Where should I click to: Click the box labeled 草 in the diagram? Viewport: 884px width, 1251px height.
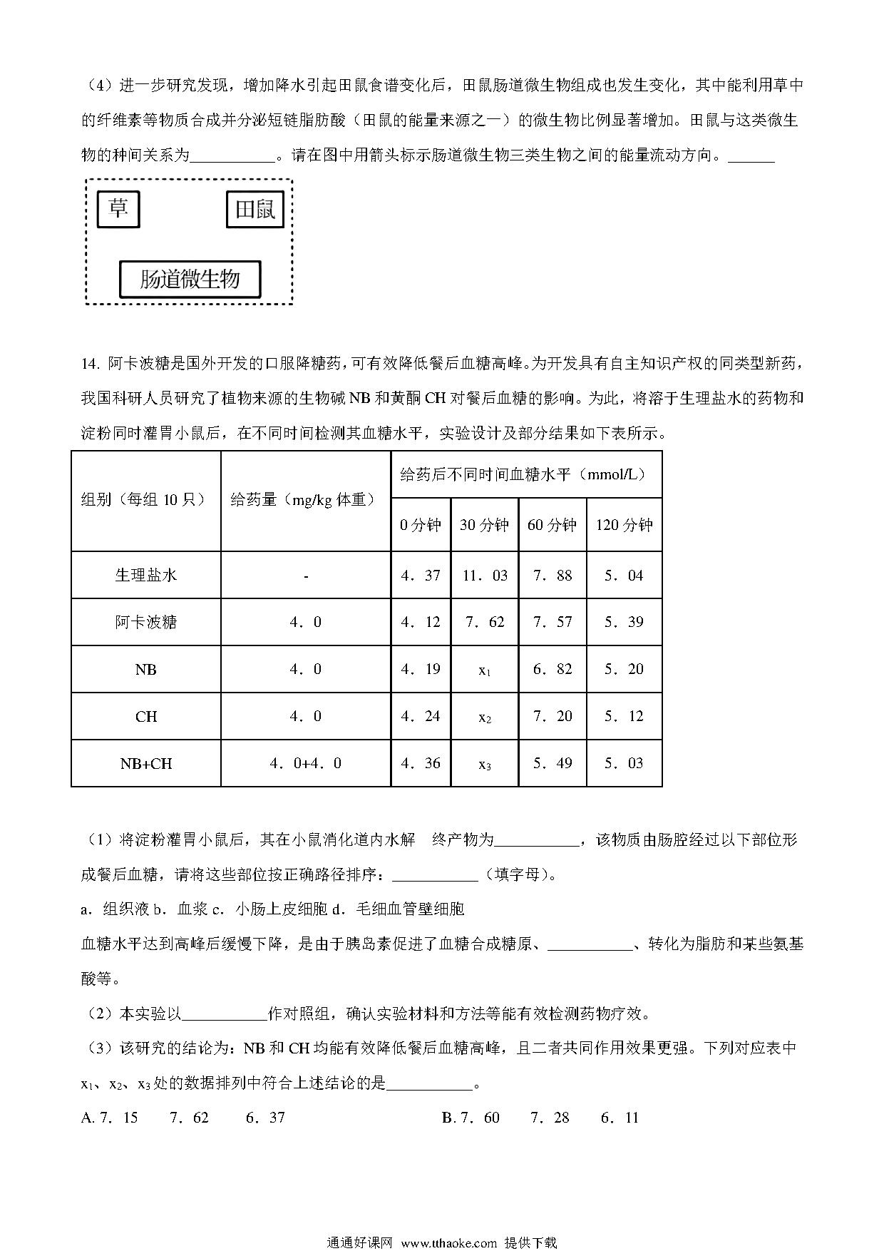[118, 209]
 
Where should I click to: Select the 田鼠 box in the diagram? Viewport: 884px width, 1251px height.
[255, 210]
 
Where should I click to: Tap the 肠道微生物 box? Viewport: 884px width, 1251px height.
[190, 279]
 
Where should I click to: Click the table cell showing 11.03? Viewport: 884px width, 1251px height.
[485, 575]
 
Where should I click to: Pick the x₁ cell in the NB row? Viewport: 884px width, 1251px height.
[485, 670]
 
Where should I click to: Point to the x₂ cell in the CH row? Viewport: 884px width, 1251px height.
[485, 717]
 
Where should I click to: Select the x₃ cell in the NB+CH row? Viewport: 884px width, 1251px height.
[485, 764]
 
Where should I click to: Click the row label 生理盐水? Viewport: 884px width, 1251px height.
[146, 575]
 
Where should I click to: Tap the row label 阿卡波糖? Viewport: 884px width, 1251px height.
[146, 622]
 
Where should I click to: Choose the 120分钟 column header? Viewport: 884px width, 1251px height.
[625, 525]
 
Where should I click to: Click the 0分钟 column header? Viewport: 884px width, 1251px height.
[421, 525]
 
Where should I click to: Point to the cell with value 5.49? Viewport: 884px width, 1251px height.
[552, 763]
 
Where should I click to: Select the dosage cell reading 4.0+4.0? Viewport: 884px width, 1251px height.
[306, 763]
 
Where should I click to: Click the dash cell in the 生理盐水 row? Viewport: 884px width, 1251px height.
[306, 575]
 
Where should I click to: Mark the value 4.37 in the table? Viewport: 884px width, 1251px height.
[421, 575]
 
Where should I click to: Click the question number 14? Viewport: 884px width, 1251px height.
[88, 363]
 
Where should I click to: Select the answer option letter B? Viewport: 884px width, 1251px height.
[447, 1118]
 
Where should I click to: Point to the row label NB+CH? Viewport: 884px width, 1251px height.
[146, 763]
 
